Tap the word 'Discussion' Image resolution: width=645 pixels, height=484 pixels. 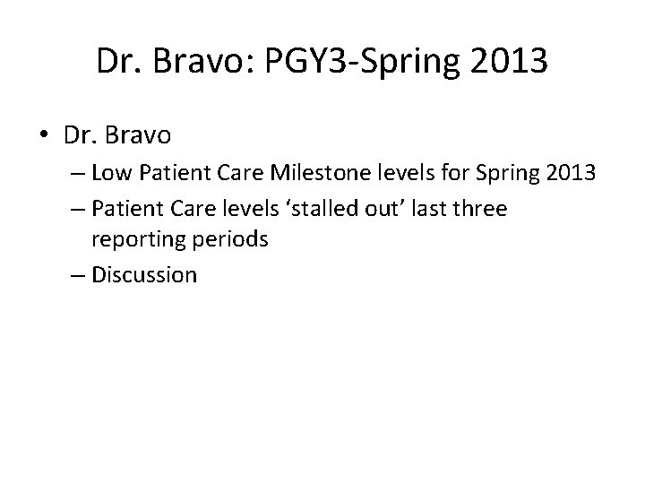coord(143,273)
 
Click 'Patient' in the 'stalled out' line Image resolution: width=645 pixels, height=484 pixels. coord(122,208)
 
